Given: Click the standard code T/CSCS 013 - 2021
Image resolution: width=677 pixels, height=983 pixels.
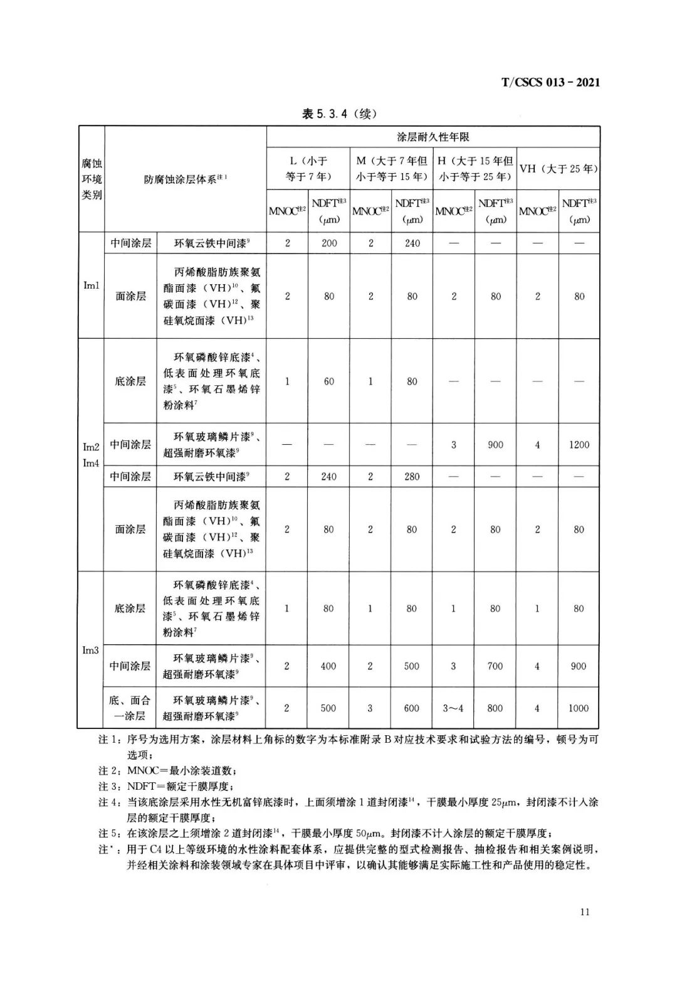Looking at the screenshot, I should click(x=550, y=82).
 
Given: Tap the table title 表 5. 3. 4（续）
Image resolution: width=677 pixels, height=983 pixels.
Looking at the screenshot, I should click(x=339, y=114).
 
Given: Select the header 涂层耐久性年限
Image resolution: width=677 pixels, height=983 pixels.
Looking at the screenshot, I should click(x=433, y=136).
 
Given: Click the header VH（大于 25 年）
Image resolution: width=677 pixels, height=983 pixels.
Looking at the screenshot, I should click(x=558, y=169).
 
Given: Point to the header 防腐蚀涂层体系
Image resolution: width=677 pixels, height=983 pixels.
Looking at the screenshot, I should click(x=186, y=179).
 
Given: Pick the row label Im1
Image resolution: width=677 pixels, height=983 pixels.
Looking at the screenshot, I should click(x=92, y=285).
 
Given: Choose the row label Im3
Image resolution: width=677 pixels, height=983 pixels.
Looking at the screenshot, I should click(x=91, y=650).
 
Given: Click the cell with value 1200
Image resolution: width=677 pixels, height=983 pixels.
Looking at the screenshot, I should click(x=579, y=445).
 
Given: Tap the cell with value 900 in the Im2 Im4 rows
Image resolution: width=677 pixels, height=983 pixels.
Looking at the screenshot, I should click(x=495, y=445).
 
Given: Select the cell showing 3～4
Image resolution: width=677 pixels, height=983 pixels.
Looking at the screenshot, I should click(x=453, y=708).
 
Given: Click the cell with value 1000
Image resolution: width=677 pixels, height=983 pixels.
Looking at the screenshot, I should click(x=578, y=708).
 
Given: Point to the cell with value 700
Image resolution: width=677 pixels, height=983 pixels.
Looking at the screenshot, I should click(x=495, y=666).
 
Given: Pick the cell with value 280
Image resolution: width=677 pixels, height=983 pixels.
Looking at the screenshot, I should click(x=412, y=477).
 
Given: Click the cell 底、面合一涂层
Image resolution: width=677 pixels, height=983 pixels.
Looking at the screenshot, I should click(x=130, y=708).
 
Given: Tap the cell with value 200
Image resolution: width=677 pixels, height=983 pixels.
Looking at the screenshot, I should click(x=329, y=243).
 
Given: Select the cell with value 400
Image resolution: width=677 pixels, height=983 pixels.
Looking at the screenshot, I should click(x=328, y=666).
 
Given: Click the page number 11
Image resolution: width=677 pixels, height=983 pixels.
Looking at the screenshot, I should click(x=584, y=912).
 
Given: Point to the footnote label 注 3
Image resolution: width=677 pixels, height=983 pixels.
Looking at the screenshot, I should click(x=109, y=786).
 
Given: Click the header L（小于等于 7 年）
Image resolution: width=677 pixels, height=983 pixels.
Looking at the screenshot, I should click(x=308, y=169).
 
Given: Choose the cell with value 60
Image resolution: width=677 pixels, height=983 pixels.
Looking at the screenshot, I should click(x=329, y=381).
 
